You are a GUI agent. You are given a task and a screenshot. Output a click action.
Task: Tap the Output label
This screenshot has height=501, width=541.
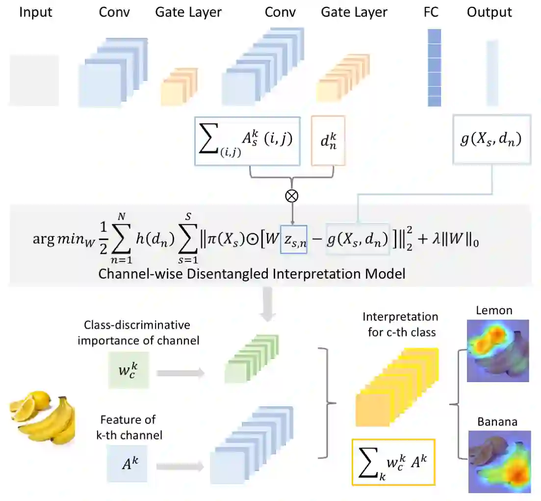coord(489,12)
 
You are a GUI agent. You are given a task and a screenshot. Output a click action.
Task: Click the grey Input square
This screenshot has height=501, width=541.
coord(34,80)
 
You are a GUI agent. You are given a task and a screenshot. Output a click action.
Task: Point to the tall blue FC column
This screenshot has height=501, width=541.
coord(434,67)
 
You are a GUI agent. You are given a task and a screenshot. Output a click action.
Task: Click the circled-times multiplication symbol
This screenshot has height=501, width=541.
coord(292,195)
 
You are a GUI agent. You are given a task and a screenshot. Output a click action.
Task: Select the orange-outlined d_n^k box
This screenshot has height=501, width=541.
coord(328,141)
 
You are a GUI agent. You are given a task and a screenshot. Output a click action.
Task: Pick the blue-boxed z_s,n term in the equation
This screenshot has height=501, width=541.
coord(294,240)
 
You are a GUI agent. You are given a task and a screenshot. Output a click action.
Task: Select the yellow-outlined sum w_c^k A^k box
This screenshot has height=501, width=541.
coord(393,462)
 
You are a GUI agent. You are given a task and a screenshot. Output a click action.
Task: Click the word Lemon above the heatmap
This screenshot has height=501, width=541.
coord(494,310)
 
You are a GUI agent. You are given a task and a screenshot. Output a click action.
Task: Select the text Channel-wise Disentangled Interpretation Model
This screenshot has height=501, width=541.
coord(252,273)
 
